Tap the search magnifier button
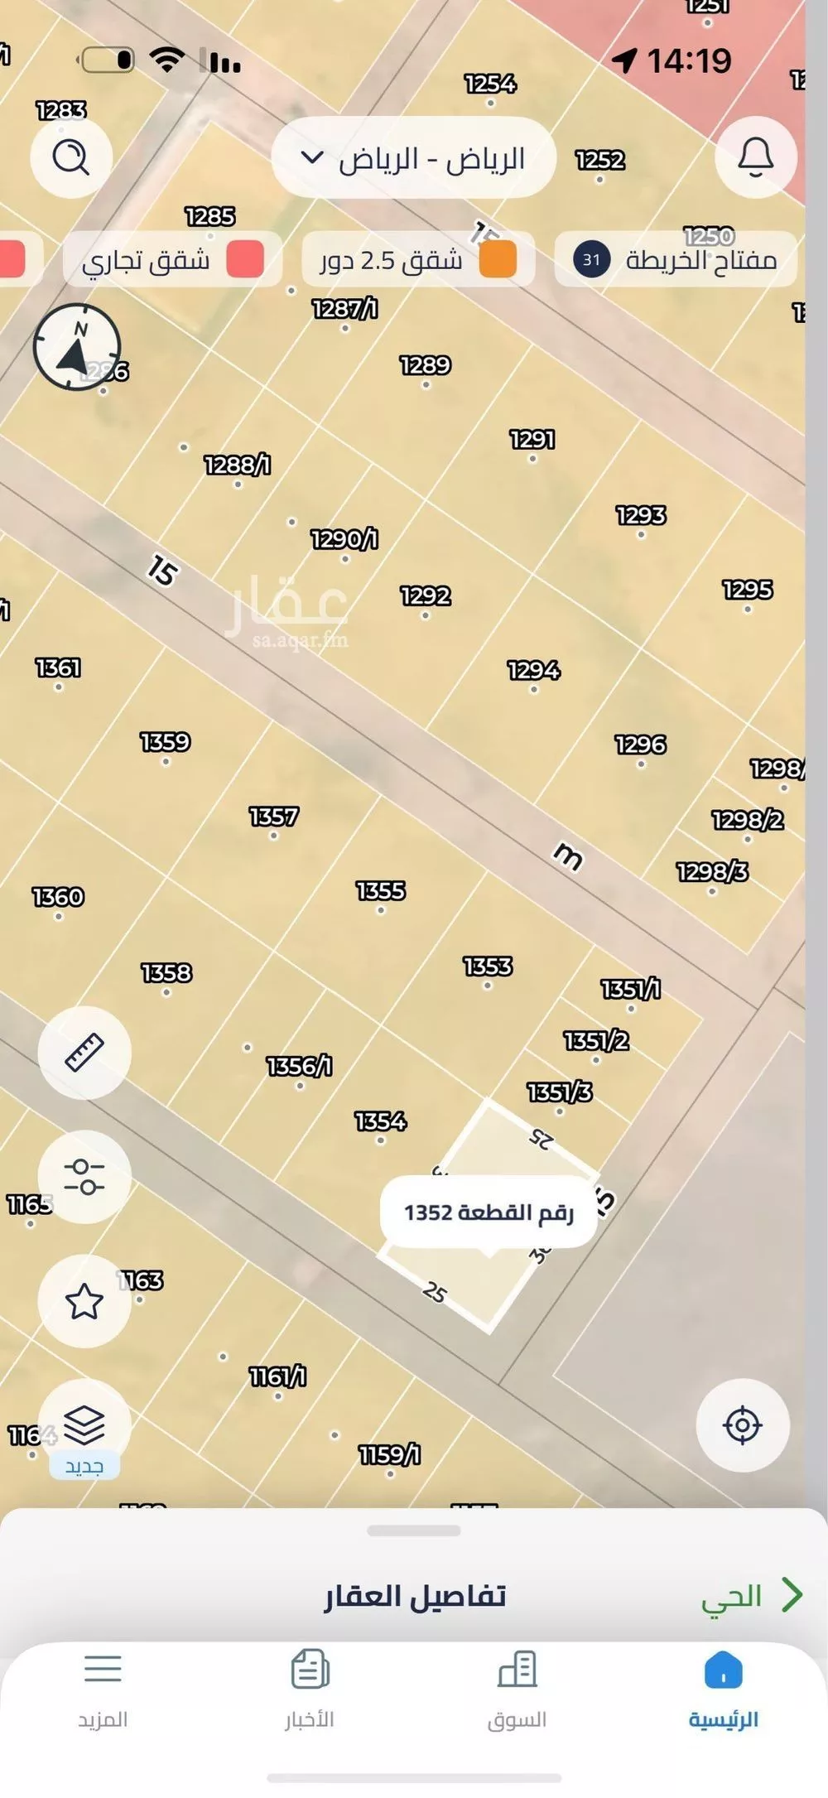click(x=71, y=157)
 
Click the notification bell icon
click(x=755, y=157)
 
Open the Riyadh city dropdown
click(x=413, y=158)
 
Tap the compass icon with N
click(x=77, y=347)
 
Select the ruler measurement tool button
click(x=84, y=1053)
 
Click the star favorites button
click(x=84, y=1301)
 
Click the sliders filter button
click(x=84, y=1177)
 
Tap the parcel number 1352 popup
click(x=489, y=1212)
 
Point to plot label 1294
click(x=533, y=670)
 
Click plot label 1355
click(x=381, y=891)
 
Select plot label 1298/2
click(x=748, y=820)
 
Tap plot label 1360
click(x=58, y=897)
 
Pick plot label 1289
click(x=425, y=365)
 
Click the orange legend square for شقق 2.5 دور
click(x=498, y=259)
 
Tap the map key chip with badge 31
click(x=675, y=260)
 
